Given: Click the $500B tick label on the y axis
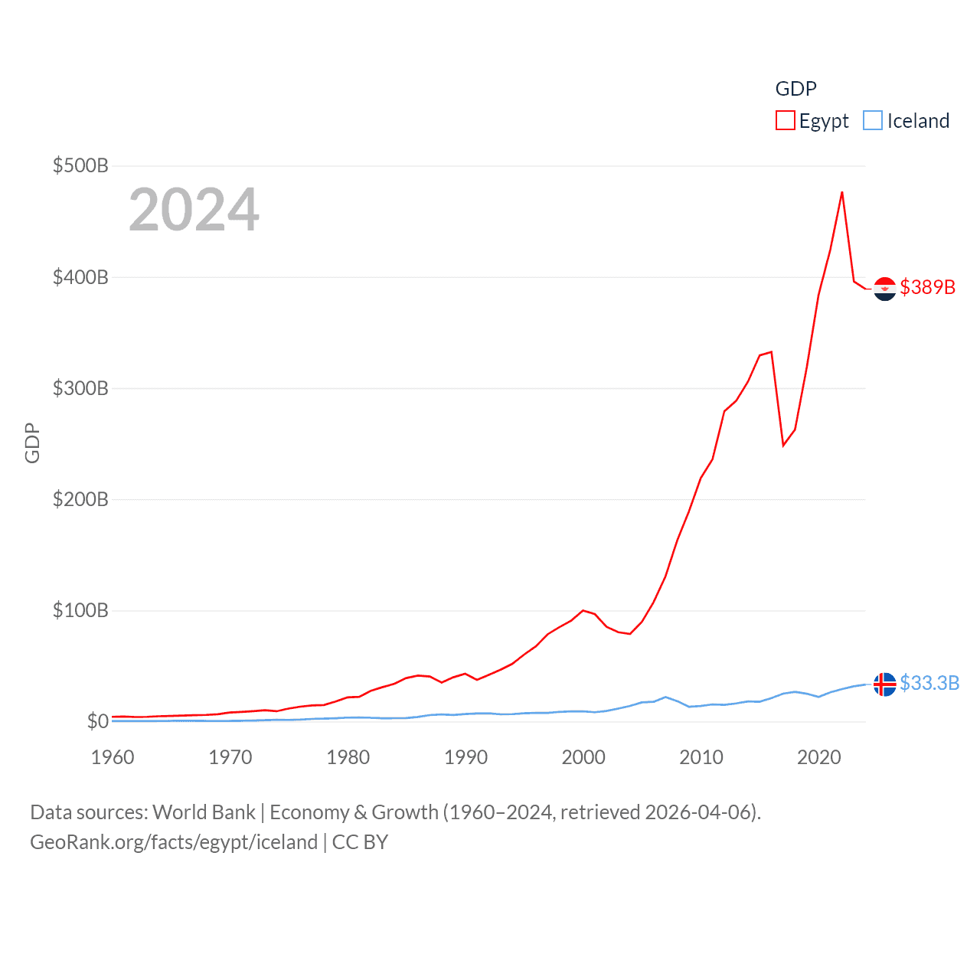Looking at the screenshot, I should click(80, 165).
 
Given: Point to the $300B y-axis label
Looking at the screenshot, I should click(80, 388).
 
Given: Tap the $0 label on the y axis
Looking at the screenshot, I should click(97, 721).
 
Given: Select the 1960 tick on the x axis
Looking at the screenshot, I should click(113, 757).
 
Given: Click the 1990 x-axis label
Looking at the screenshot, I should click(465, 757).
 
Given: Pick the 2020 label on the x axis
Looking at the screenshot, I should click(818, 757).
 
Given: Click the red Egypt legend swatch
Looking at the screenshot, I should click(786, 121).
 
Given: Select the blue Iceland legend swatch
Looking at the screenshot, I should click(873, 121).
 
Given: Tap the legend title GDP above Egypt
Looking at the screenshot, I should click(795, 89).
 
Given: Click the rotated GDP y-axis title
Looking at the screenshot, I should click(32, 443).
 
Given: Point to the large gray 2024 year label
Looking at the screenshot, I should click(194, 210).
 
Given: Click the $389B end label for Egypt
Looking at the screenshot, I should click(928, 287).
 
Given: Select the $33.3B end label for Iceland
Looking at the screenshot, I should click(929, 683).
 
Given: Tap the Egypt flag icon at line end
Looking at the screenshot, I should click(885, 289).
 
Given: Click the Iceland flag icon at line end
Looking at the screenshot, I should click(885, 684).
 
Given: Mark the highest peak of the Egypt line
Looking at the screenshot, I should click(842, 192).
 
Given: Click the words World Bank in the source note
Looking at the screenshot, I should click(204, 812).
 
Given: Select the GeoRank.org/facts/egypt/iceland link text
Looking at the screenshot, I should click(174, 842).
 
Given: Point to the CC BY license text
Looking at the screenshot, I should click(360, 842).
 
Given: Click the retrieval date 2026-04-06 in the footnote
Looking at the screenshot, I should click(701, 812).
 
